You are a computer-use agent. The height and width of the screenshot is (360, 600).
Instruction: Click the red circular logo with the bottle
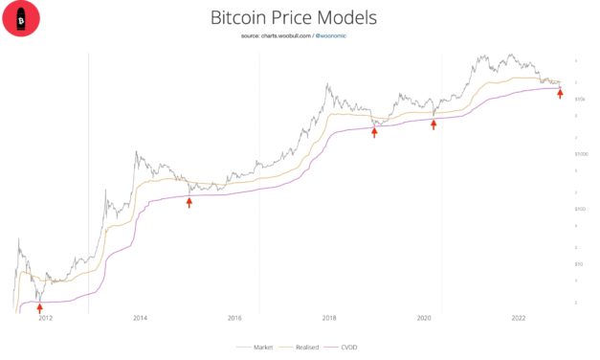click(x=21, y=18)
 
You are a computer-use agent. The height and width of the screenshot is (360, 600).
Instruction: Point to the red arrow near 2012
click(x=39, y=307)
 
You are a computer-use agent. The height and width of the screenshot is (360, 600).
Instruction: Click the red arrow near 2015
click(x=189, y=202)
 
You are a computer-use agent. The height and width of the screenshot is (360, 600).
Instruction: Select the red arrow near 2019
click(x=374, y=132)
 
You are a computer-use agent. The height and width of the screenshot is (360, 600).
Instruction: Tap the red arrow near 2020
click(x=433, y=124)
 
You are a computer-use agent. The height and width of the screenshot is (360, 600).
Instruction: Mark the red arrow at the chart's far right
click(x=560, y=93)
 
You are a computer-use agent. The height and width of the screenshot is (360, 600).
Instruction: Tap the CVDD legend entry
click(x=346, y=348)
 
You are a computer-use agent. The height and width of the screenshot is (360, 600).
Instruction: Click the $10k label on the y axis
click(x=579, y=99)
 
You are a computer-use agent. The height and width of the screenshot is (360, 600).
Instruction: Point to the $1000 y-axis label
click(x=580, y=153)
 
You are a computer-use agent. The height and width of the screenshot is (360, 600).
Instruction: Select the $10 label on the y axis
click(x=578, y=262)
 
